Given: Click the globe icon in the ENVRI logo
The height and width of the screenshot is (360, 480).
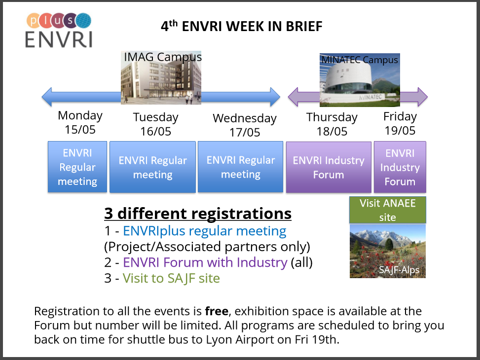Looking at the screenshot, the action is [83, 21].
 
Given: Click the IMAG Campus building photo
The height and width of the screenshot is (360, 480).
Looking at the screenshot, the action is [161, 78].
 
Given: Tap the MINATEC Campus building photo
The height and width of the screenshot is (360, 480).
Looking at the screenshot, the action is [360, 80].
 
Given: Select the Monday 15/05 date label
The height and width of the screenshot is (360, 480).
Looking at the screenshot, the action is [80, 122].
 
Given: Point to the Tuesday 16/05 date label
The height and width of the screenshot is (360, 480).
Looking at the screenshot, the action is [155, 124].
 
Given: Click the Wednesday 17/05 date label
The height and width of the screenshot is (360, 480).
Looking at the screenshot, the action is [245, 125].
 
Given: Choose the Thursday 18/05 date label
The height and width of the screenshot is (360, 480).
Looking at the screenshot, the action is [332, 124].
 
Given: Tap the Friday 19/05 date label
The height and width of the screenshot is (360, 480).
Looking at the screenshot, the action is [400, 123].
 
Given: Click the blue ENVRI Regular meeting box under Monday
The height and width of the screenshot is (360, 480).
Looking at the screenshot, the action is [77, 167].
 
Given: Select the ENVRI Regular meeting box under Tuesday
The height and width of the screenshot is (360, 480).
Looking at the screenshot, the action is [152, 167].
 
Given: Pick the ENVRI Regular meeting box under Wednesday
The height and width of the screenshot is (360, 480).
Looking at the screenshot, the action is [240, 167].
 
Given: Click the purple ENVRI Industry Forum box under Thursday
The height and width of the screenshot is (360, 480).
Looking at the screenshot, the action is [329, 167].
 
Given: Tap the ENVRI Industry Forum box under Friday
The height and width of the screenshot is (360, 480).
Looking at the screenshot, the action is [400, 167].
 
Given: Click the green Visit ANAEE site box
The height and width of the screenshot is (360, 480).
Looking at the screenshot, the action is [388, 210].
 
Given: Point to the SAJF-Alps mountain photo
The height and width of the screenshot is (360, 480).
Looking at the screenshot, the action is [388, 251].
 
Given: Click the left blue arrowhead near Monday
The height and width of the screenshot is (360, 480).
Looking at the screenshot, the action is [47, 97].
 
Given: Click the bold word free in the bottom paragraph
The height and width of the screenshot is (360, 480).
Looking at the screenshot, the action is [217, 311].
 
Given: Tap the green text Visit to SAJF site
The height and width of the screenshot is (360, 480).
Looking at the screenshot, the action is [171, 278].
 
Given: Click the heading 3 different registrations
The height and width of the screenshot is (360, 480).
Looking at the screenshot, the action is [198, 214].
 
